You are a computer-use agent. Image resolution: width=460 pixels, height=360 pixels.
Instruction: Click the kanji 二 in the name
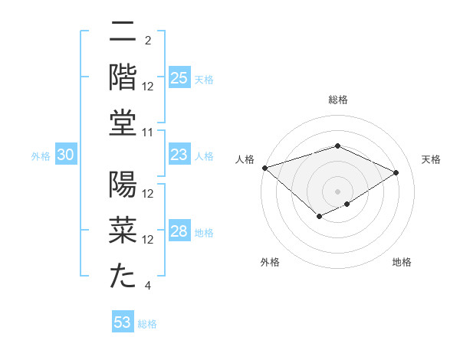click(x=123, y=32)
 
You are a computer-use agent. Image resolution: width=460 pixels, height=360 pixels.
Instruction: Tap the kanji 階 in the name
click(x=123, y=77)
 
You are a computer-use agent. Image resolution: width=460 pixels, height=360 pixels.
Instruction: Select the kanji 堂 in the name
click(x=123, y=123)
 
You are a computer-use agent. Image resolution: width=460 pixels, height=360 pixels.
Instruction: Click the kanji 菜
click(x=123, y=231)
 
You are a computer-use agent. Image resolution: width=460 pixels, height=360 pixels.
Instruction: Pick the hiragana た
click(x=123, y=276)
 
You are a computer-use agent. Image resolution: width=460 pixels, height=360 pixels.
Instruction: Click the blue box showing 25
click(x=179, y=78)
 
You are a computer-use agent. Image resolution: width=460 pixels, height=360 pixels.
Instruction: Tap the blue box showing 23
click(x=179, y=155)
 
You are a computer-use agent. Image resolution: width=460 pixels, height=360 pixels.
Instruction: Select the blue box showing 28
click(x=179, y=232)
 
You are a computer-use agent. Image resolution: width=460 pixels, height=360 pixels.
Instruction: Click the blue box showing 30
click(x=65, y=155)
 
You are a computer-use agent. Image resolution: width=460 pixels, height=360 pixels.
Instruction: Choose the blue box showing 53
click(x=123, y=322)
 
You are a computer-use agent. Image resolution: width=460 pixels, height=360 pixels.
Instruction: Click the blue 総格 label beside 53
click(x=147, y=324)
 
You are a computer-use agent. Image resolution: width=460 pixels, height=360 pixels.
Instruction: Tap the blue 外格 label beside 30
click(x=41, y=156)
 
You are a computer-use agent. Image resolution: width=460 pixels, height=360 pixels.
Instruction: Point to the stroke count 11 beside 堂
click(x=148, y=133)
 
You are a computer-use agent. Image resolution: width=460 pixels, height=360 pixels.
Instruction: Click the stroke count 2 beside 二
click(x=148, y=40)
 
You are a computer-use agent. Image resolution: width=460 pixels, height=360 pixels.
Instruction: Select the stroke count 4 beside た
click(x=148, y=286)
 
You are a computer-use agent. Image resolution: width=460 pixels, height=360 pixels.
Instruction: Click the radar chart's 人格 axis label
click(x=245, y=159)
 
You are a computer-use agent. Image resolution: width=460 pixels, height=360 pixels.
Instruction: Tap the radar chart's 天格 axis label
click(x=431, y=159)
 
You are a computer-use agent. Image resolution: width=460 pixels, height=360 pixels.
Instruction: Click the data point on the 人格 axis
click(x=264, y=168)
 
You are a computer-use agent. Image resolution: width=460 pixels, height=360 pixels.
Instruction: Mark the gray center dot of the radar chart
click(x=337, y=191)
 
